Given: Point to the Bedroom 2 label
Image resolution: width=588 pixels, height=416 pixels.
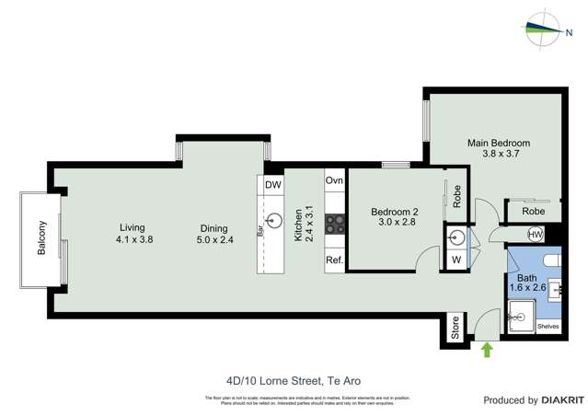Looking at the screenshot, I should pos(395,213).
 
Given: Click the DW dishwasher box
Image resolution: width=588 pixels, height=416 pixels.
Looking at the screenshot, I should pos(273,184).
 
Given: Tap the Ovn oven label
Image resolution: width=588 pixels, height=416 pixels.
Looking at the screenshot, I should pos(334,181).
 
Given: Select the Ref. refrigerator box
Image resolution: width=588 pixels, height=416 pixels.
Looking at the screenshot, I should pos(334,260).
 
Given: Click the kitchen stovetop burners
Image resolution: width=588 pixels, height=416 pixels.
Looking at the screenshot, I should pos(335,220).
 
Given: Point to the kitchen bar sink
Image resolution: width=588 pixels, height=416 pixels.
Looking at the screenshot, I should pos(273,220).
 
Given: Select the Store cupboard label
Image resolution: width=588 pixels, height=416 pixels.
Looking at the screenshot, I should pos(454,329).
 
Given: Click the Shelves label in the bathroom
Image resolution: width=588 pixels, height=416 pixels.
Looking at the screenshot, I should pos(548,326).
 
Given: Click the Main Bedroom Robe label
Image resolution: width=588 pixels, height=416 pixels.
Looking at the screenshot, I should pos(533,211).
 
